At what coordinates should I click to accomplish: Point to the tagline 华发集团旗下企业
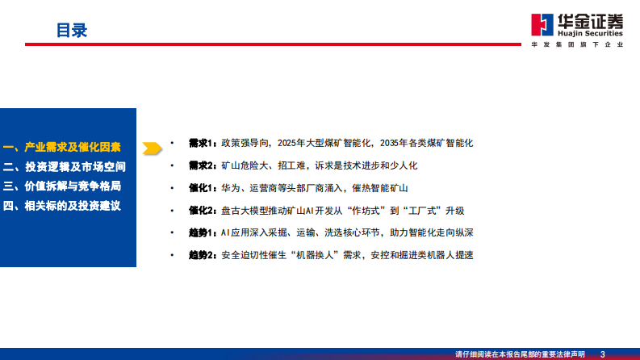click(x=577, y=45)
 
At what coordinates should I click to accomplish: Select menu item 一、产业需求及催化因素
click(x=62, y=148)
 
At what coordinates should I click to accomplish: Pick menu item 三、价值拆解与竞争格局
click(x=62, y=186)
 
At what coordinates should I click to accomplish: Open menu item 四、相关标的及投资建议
click(x=62, y=206)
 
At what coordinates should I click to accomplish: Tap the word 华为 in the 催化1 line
click(x=230, y=188)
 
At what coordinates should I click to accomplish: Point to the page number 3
click(x=603, y=354)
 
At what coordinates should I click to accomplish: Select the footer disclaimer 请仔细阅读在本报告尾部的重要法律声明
click(x=521, y=354)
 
